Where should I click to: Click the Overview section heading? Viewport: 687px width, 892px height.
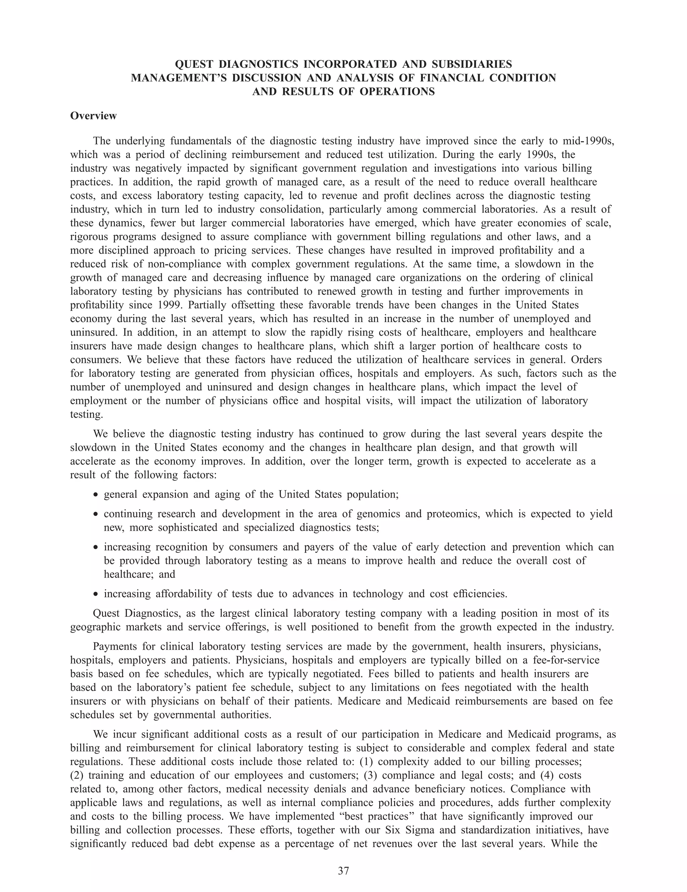click(x=93, y=116)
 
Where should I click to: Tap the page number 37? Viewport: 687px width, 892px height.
click(x=343, y=871)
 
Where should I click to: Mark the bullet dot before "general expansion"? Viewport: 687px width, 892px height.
click(x=96, y=495)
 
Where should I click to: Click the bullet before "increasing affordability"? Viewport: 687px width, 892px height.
click(x=96, y=594)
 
